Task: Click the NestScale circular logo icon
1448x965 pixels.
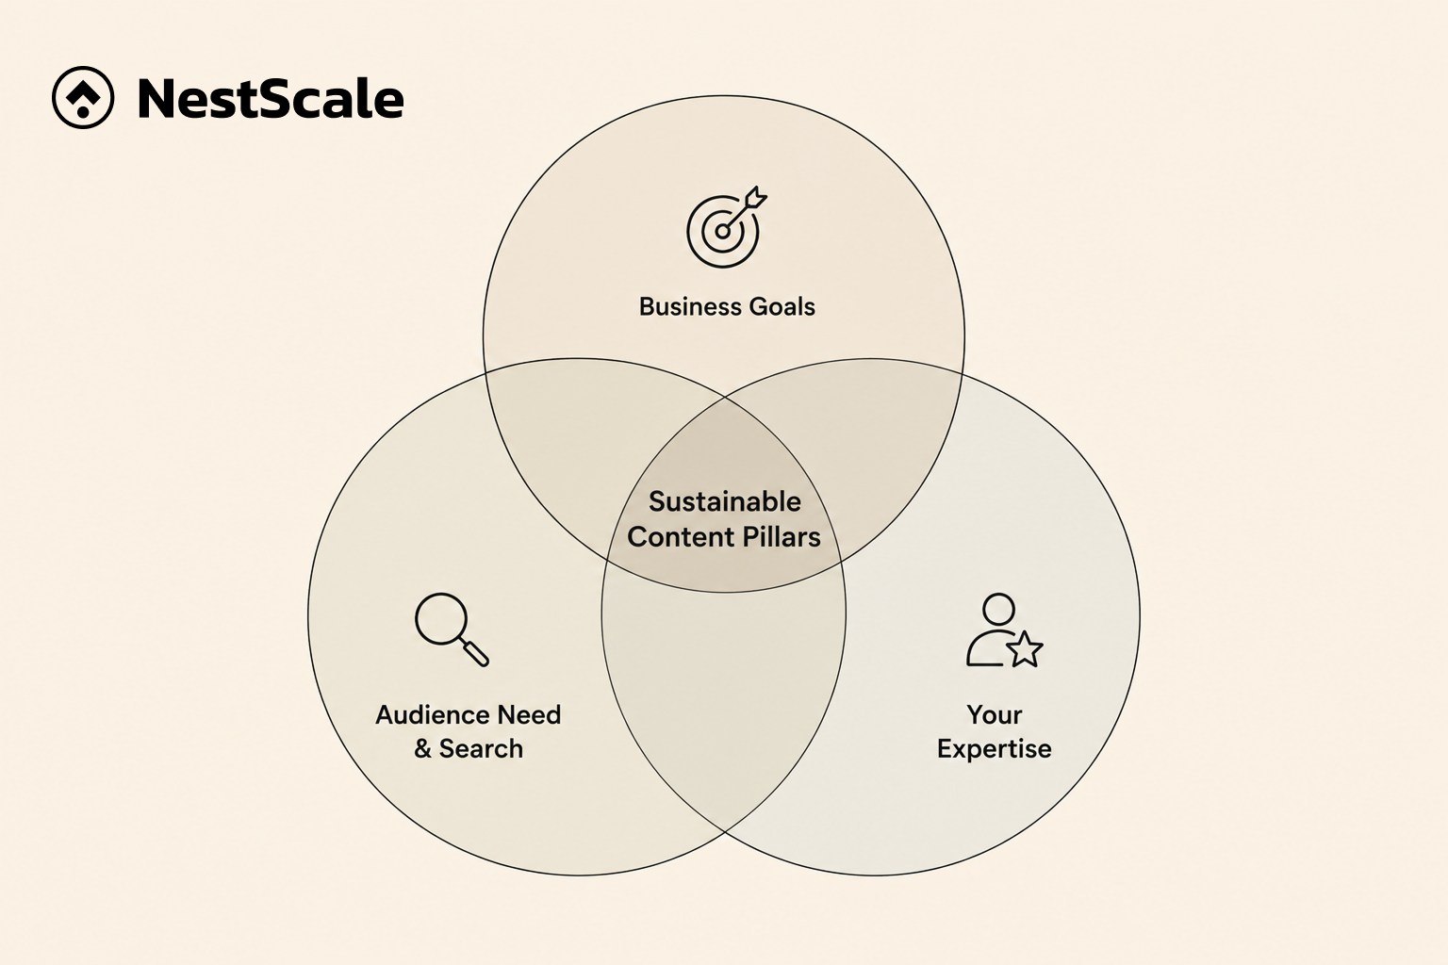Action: click(x=83, y=98)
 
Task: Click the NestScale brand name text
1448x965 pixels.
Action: click(x=271, y=99)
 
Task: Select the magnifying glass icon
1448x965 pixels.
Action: click(x=452, y=630)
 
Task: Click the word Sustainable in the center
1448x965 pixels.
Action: click(x=725, y=501)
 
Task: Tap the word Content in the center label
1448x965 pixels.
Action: click(x=681, y=537)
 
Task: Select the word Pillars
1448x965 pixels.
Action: click(x=782, y=537)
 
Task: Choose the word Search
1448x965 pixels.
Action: click(x=481, y=748)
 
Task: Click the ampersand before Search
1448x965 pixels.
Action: click(x=422, y=749)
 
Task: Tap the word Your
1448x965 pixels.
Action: click(x=995, y=715)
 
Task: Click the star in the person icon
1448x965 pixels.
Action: click(x=1025, y=649)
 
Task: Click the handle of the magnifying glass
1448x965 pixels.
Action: click(x=475, y=652)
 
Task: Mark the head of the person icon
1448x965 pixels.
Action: click(x=998, y=609)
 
